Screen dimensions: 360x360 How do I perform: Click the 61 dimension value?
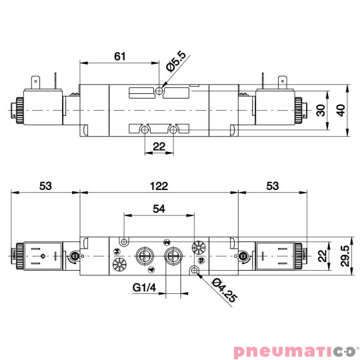click(x=120, y=57)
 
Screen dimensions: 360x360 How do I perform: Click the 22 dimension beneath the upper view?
click(x=159, y=147)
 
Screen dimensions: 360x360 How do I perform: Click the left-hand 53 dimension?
click(x=45, y=186)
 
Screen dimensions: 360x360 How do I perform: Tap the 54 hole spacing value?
click(x=159, y=209)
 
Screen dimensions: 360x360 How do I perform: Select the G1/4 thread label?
click(x=144, y=289)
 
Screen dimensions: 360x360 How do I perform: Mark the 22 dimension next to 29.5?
click(x=323, y=255)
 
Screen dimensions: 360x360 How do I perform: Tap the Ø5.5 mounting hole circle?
click(x=159, y=89)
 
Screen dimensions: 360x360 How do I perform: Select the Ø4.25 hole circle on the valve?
click(x=195, y=270)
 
